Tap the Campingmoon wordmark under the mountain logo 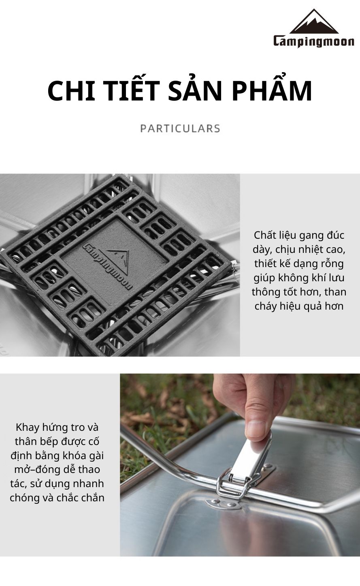(x=314, y=41)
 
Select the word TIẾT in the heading (x=133, y=88)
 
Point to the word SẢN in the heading (x=195, y=88)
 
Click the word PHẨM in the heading (x=272, y=88)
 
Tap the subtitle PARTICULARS (x=180, y=128)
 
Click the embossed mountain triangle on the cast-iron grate (x=119, y=260)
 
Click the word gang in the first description (x=311, y=235)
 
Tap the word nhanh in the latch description (x=88, y=483)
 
